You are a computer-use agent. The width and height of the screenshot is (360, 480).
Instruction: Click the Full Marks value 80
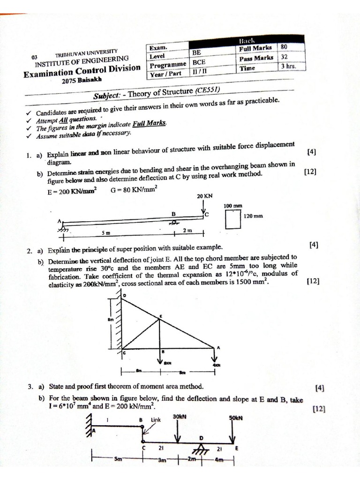284,47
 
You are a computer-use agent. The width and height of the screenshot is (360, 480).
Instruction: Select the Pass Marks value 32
284,57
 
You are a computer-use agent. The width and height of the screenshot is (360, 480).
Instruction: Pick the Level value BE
196,53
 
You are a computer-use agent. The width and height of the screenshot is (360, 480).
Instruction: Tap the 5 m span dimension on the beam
105,232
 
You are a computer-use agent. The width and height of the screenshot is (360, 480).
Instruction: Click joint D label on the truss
125,295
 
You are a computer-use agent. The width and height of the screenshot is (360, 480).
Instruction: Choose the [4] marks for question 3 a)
320,388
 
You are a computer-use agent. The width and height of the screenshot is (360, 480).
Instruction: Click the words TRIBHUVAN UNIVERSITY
86,53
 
